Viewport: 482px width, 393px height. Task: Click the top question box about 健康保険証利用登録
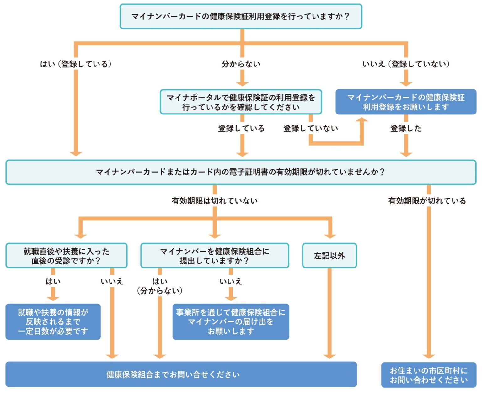241,16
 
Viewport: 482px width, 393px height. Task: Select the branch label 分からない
241,64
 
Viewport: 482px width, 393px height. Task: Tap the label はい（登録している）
76,64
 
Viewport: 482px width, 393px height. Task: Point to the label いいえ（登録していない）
406,64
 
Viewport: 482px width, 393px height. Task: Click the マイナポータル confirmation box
241,102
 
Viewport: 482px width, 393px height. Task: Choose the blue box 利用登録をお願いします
406,102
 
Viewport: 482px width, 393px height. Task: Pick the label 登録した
406,128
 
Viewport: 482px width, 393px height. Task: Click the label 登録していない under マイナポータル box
311,128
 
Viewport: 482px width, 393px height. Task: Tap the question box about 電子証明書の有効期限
241,172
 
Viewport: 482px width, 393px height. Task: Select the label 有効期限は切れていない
215,201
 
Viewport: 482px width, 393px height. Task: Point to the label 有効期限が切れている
427,201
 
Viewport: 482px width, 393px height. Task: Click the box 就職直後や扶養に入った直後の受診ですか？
66,256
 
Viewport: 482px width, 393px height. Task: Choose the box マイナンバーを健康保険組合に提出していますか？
215,256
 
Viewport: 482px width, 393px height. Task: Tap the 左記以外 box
329,256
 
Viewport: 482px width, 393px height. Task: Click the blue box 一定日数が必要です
53,322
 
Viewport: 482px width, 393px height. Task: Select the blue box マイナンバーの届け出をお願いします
231,322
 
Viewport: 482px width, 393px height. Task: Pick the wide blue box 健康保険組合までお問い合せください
181,374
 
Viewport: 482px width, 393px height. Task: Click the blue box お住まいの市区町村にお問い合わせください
429,375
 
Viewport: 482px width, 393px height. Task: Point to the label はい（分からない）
160,286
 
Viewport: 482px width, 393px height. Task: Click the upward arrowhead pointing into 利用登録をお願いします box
362,120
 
